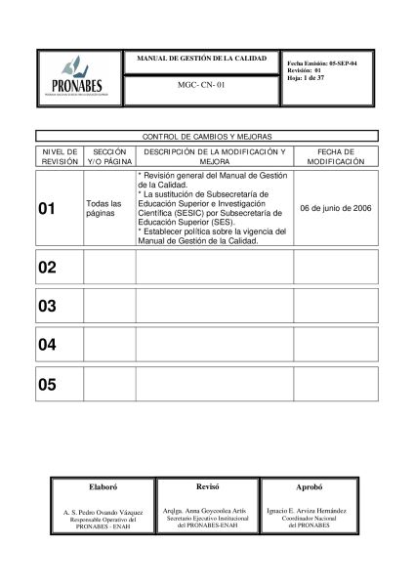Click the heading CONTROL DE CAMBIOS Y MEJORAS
(x=206, y=139)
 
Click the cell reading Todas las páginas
(x=104, y=207)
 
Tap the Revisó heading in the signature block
(x=206, y=485)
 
